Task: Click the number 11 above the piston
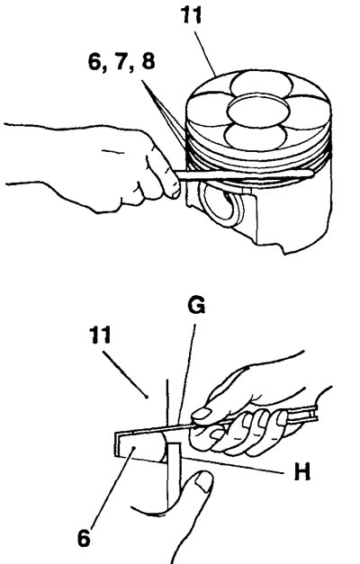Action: point(191,15)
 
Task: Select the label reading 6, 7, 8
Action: point(121,61)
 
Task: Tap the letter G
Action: point(196,306)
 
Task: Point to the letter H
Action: point(301,471)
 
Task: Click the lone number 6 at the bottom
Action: point(84,539)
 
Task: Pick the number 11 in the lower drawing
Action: point(100,336)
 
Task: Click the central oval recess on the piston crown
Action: point(258,111)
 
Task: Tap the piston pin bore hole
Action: point(222,205)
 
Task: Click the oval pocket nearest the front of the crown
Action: point(256,137)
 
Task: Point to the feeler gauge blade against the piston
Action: point(245,175)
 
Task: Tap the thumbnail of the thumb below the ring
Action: point(204,481)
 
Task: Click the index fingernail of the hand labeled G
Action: point(201,414)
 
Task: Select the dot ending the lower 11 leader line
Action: point(147,397)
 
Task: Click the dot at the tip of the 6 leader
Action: point(133,448)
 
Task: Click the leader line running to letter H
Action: point(234,464)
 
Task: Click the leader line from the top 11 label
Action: point(205,54)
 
